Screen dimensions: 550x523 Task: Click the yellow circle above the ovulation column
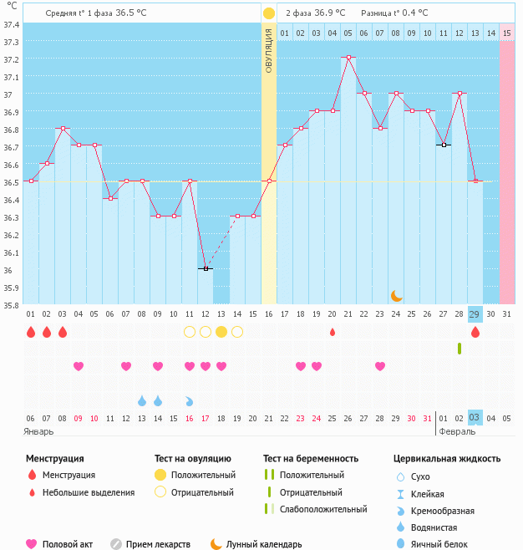click(269, 13)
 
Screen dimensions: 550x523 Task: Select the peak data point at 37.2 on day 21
click(348, 58)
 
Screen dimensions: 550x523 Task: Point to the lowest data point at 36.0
click(206, 268)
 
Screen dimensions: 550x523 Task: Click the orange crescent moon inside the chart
click(396, 295)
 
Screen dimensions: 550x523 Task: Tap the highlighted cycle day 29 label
click(475, 314)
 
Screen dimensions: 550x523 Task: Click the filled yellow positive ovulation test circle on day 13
click(221, 332)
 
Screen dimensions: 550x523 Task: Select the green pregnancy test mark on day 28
click(459, 348)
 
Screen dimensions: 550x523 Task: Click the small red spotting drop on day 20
click(333, 332)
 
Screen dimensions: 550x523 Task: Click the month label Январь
click(39, 431)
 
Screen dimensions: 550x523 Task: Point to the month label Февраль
click(458, 431)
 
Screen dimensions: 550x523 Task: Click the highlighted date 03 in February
click(475, 418)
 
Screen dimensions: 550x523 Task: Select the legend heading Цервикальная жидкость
click(447, 458)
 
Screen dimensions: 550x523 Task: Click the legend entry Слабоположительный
click(323, 509)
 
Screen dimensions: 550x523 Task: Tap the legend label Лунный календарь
click(264, 544)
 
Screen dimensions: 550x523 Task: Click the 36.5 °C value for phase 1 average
click(131, 13)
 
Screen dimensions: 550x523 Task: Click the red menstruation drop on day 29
click(475, 332)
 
